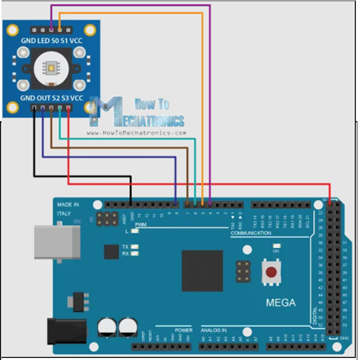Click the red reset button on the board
point(272,274)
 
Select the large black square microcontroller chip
point(202,270)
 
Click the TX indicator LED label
point(126,246)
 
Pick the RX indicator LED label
point(126,253)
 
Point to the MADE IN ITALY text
point(68,208)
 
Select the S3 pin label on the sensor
point(67,98)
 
